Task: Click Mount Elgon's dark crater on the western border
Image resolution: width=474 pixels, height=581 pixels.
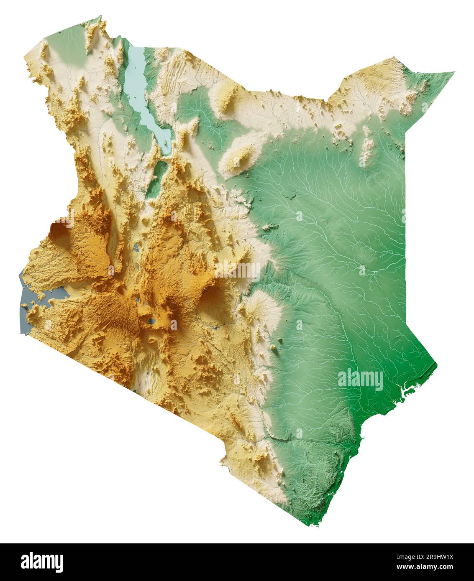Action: tap(58, 230)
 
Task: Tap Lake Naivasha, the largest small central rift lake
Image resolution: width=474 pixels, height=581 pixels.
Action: tap(151, 322)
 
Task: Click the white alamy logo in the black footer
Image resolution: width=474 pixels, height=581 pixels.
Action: tap(42, 562)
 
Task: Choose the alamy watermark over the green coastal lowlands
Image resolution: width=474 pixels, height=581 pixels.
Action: tap(360, 380)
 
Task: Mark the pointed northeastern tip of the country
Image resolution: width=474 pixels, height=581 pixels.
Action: tap(454, 73)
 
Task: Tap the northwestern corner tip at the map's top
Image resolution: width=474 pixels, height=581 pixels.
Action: tap(101, 17)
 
